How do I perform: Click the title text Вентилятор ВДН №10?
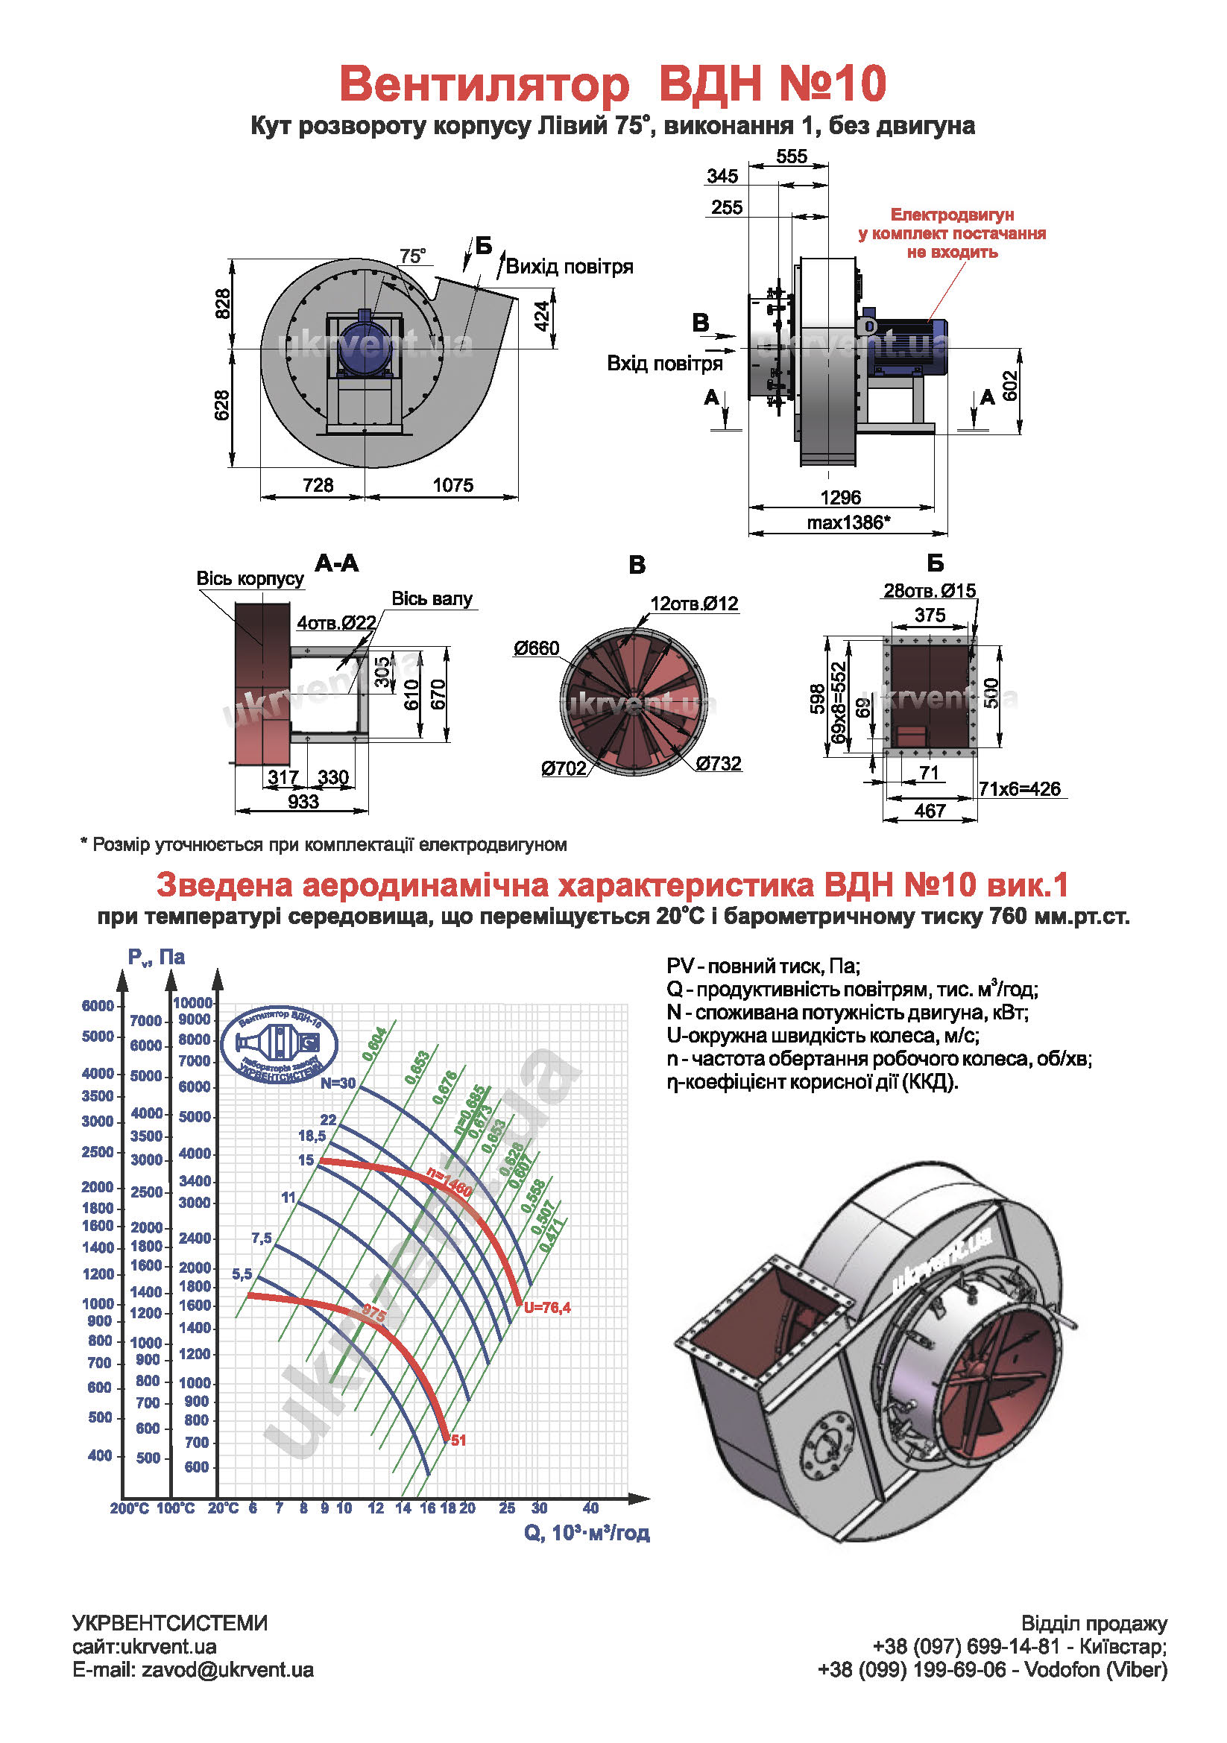tap(612, 83)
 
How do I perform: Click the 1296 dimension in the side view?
tap(840, 497)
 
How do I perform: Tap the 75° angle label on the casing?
tap(412, 256)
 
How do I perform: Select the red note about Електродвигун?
tap(951, 233)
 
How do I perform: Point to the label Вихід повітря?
tap(569, 268)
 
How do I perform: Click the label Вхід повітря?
tap(664, 364)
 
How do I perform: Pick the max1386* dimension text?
tap(848, 522)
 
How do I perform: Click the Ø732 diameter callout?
tap(719, 764)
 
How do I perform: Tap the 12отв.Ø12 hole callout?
tap(694, 604)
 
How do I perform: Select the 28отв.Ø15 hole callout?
tap(930, 591)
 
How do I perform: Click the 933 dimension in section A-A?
tap(303, 802)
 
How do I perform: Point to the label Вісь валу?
tap(432, 599)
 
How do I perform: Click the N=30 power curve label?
tap(338, 1083)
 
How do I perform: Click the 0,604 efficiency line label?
tap(375, 1044)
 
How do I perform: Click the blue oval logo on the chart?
tap(279, 1046)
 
